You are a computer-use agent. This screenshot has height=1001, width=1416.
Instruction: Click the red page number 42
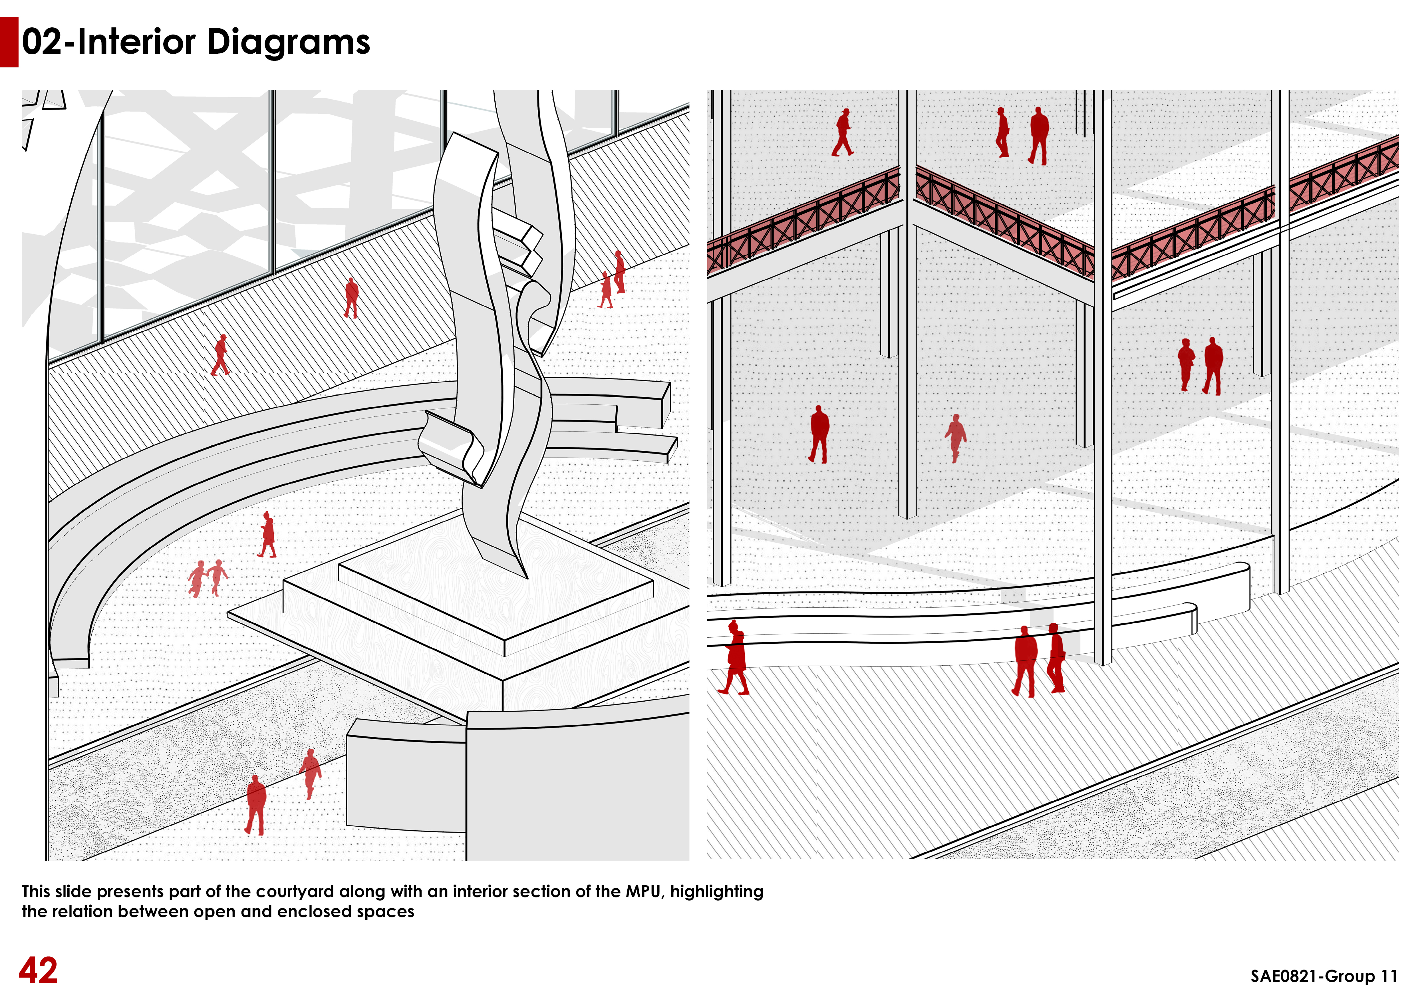[38, 970]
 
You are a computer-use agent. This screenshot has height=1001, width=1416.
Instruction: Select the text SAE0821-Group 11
[1324, 976]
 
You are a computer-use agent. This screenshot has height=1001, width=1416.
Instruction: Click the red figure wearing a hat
[843, 132]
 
